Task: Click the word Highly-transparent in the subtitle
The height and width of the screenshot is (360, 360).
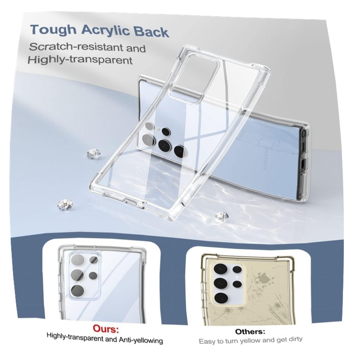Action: [x=80, y=60]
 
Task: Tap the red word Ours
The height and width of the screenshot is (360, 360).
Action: [x=106, y=329]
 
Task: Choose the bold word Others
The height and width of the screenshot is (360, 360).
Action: [x=250, y=332]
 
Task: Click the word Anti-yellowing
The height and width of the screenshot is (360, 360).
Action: [x=141, y=340]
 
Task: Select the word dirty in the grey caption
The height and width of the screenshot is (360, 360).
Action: [x=294, y=339]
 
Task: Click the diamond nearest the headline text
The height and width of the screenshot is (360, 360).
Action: [x=94, y=154]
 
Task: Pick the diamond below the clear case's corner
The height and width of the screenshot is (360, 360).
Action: [x=222, y=216]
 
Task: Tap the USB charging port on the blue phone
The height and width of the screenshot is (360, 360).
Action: [x=302, y=164]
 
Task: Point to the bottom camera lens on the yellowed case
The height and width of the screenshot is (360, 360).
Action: [x=221, y=298]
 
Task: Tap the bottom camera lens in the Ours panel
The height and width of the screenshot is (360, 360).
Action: [x=77, y=291]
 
